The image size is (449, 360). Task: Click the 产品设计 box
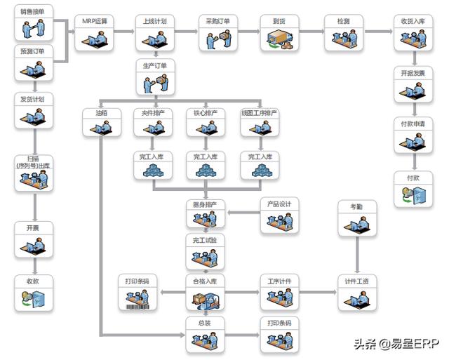pyautogui.click(x=279, y=216)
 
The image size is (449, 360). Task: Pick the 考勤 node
pyautogui.click(x=356, y=218)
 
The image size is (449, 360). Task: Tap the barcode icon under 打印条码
pyautogui.click(x=137, y=305)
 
